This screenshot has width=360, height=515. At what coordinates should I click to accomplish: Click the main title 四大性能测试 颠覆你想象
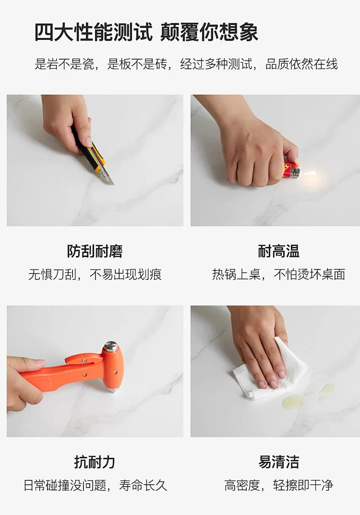(146, 32)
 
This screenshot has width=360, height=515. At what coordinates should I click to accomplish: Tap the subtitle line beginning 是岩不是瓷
(186, 64)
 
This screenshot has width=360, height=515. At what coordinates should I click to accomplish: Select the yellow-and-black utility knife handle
(89, 149)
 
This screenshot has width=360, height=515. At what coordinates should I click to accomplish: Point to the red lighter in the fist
(291, 170)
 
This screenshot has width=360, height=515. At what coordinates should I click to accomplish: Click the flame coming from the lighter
(309, 173)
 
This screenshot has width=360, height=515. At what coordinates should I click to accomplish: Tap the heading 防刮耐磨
(95, 251)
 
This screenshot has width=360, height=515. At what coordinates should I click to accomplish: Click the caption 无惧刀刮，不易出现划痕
(95, 275)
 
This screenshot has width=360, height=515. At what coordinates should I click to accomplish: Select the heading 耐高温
(278, 251)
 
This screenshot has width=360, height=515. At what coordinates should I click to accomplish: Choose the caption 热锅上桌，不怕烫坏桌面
(278, 275)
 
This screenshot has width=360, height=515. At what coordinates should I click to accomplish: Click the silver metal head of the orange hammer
(111, 347)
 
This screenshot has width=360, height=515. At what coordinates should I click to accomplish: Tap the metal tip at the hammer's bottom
(113, 390)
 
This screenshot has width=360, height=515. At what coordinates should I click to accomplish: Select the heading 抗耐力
(95, 462)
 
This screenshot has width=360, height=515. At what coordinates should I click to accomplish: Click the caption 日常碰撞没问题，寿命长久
(95, 485)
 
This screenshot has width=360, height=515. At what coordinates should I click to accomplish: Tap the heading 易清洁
(278, 462)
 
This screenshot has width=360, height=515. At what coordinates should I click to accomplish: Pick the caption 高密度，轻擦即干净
(278, 485)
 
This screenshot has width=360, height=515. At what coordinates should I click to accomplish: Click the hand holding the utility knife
(67, 122)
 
